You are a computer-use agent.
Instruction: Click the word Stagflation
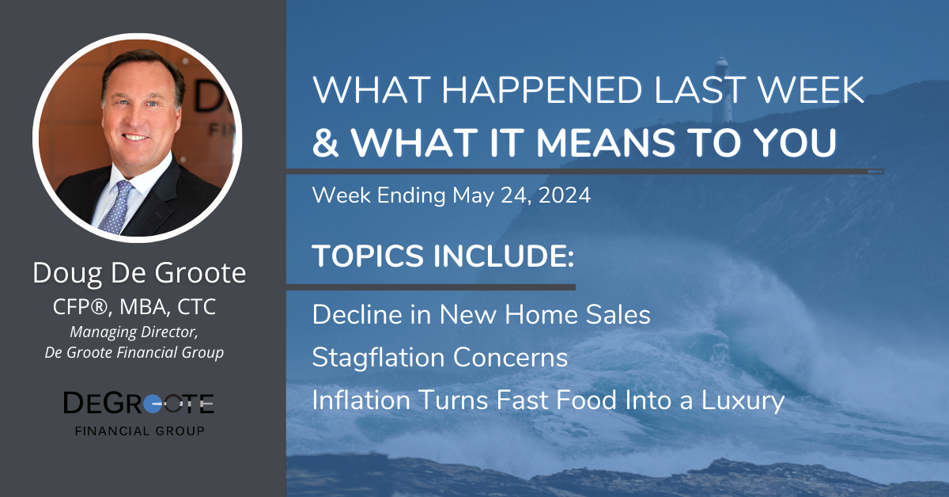[x=376, y=358]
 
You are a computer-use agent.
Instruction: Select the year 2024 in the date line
[x=565, y=195]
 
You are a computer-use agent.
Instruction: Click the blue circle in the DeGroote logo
[x=153, y=403]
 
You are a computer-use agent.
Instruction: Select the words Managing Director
[x=134, y=332]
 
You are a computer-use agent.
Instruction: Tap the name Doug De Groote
[x=139, y=273]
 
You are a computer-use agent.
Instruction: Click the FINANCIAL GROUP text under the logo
[x=140, y=431]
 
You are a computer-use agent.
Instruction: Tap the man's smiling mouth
[x=135, y=137]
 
